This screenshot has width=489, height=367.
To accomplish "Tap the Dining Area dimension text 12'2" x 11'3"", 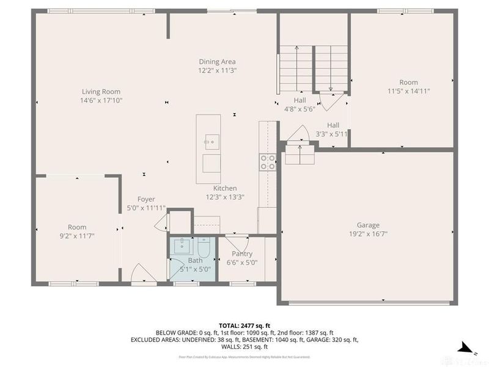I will (x=217, y=70).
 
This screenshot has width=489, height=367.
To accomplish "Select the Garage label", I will (x=369, y=225).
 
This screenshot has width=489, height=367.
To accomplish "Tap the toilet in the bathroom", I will (x=205, y=248).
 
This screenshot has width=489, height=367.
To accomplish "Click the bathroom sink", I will (x=182, y=248).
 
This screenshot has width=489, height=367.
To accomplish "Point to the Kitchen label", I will (x=225, y=188).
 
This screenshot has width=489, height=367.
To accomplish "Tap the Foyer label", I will (x=146, y=199).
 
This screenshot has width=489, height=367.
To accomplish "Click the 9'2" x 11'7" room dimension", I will (x=77, y=235).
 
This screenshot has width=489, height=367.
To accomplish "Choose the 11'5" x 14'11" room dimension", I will (x=408, y=91).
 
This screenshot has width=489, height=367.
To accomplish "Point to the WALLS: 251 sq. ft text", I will (x=244, y=347).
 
